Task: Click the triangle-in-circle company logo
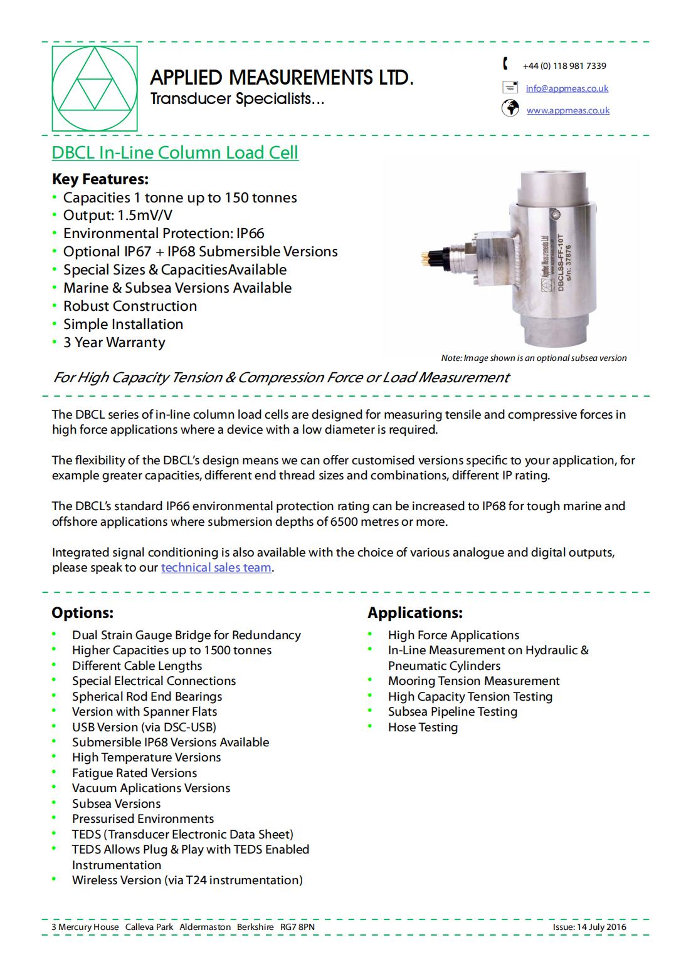pos(94,89)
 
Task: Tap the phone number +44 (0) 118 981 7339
pos(564,66)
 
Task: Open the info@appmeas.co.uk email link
pos(567,88)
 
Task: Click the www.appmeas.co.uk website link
pos(567,110)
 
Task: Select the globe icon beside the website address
pos(510,108)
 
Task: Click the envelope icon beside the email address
pos(510,87)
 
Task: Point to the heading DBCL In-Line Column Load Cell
pos(175,153)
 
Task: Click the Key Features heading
pos(100,179)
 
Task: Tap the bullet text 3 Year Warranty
pos(114,342)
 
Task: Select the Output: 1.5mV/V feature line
pos(118,216)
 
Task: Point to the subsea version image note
pos(534,358)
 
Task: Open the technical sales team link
pos(216,568)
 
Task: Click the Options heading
pos(83,612)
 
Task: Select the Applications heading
pos(415,612)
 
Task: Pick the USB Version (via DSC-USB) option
pos(144,727)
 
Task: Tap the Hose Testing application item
pos(423,727)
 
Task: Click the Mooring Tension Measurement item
pos(473,681)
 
